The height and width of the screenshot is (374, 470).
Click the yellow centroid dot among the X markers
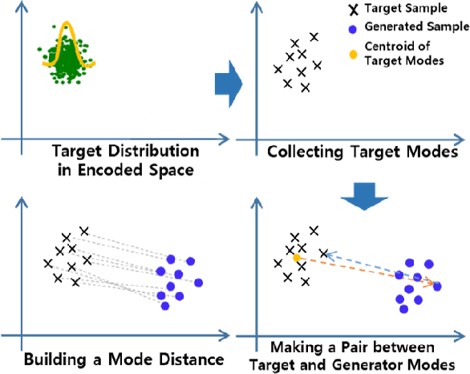[297, 258]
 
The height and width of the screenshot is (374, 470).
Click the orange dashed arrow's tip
[434, 283]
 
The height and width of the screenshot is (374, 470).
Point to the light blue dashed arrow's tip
[325, 253]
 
